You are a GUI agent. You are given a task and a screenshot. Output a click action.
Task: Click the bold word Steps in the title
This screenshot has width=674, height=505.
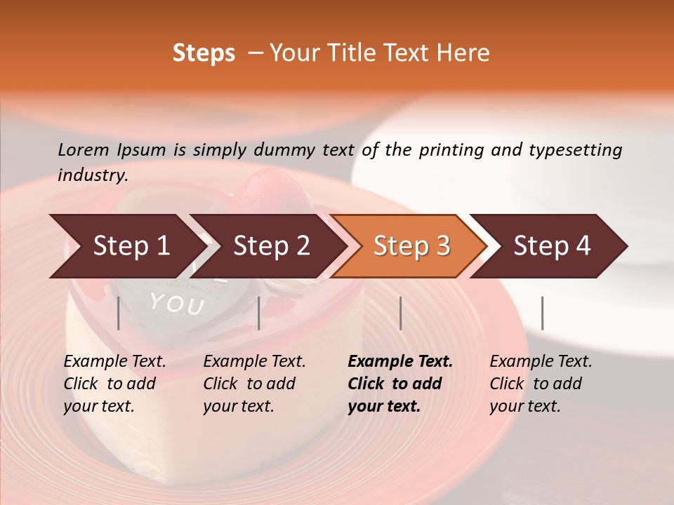(204, 53)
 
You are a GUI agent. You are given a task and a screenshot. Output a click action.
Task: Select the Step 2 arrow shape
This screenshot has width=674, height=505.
(270, 246)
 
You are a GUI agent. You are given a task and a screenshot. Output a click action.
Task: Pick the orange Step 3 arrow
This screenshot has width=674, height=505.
(411, 246)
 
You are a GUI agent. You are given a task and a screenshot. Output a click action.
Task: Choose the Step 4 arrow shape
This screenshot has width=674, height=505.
(551, 246)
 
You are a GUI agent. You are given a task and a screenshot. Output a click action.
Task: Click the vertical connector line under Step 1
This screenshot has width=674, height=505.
(119, 313)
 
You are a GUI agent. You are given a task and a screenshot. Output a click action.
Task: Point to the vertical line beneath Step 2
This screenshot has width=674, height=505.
(259, 313)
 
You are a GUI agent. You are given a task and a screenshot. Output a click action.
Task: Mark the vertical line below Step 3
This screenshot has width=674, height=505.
(401, 313)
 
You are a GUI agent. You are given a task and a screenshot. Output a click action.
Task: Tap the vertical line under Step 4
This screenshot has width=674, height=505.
(543, 313)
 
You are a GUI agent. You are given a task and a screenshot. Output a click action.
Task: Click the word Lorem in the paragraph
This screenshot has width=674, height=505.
(84, 150)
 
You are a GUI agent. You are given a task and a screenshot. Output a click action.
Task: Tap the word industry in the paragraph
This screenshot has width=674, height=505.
(92, 175)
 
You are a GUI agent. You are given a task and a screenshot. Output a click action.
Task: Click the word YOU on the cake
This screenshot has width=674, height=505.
(176, 304)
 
